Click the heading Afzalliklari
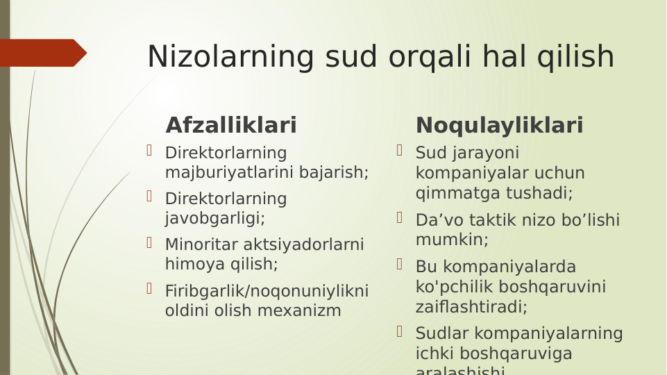click(x=231, y=126)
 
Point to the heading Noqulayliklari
click(x=499, y=126)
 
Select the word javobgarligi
click(x=214, y=218)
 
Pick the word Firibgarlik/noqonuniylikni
click(x=267, y=290)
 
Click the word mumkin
click(x=450, y=240)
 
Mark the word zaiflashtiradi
click(x=470, y=306)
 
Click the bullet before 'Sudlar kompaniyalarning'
click(x=400, y=332)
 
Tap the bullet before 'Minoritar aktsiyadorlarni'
click(x=149, y=243)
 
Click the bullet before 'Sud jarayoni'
click(x=400, y=151)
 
